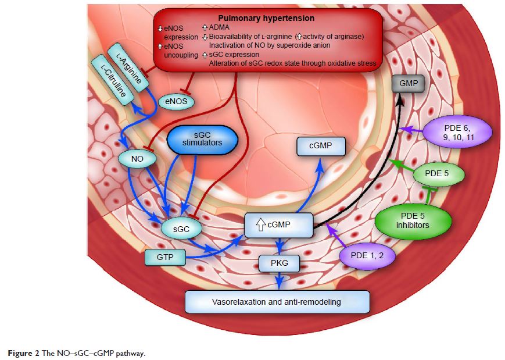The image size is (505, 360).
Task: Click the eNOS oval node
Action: [x=175, y=102]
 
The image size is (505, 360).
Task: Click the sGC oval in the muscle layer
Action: [x=182, y=229]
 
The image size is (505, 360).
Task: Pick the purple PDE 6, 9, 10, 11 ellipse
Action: [x=457, y=133]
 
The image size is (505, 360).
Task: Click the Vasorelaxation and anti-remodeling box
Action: [x=278, y=302]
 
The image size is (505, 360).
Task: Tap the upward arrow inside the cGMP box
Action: [x=254, y=222]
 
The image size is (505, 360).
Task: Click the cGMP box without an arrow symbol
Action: [x=321, y=147]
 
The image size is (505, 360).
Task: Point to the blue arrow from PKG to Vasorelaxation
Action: [x=281, y=280]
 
